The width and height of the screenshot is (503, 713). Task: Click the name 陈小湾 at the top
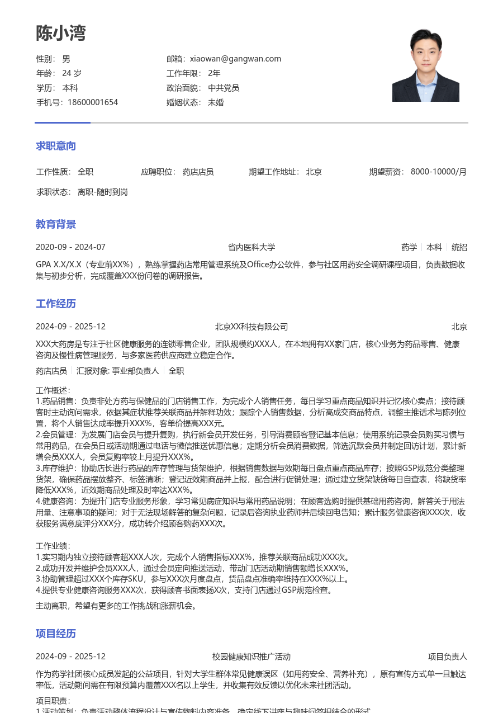(61, 34)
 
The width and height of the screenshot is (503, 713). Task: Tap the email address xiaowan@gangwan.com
(235, 59)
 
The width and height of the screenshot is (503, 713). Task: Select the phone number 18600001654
(93, 102)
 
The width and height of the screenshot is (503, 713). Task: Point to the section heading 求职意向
(56, 146)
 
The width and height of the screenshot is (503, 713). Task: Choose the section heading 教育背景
(56, 224)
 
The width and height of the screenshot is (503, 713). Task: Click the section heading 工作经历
(56, 304)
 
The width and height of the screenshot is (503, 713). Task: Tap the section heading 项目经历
(56, 634)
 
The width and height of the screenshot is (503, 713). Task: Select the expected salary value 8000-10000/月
(439, 172)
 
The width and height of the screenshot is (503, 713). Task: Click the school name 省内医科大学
(251, 247)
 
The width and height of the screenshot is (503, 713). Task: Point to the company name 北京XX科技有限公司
(251, 327)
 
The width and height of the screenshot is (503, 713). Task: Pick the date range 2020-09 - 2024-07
(70, 247)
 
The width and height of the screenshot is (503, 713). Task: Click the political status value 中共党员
(224, 88)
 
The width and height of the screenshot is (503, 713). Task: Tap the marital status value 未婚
(216, 102)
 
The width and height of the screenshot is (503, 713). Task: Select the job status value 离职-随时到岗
(103, 192)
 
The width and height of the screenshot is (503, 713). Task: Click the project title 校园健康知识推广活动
(251, 657)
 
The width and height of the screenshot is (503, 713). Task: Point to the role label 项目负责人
(448, 657)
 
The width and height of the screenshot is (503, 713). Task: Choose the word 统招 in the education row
(459, 247)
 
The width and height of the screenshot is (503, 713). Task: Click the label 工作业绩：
(53, 546)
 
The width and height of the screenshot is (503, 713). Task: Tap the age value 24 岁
(72, 73)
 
